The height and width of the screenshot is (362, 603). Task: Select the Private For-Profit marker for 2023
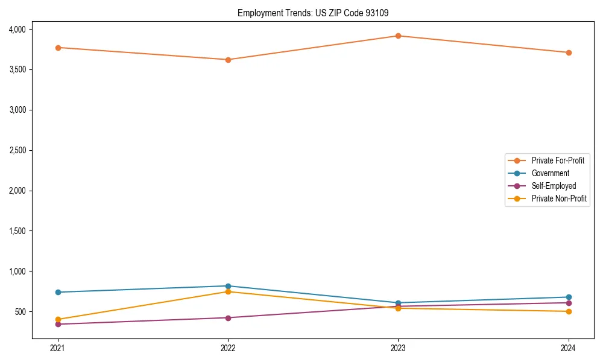tap(399, 36)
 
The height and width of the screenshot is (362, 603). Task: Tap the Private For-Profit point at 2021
tap(58, 48)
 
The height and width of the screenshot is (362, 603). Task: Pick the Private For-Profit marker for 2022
tap(228, 60)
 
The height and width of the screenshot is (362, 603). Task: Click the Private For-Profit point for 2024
tap(569, 52)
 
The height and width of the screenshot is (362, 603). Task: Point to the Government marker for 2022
tap(228, 286)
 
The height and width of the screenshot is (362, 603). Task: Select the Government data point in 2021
tap(58, 292)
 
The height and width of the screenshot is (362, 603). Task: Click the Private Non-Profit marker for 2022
tap(228, 292)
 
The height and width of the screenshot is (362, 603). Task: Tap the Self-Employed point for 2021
tap(58, 324)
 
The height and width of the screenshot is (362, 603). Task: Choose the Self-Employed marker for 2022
tap(228, 318)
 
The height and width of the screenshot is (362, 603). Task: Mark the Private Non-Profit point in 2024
tap(569, 311)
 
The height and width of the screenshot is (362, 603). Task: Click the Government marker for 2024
tap(569, 297)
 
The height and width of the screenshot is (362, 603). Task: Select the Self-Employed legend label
tap(554, 186)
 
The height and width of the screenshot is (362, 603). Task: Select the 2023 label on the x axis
tap(399, 348)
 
